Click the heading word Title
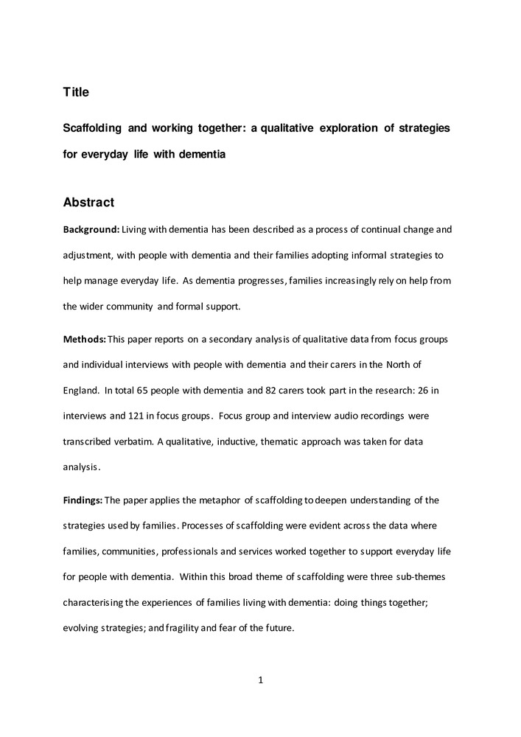76,92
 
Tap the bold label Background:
91,229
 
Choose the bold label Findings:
83,500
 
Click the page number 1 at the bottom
260,680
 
